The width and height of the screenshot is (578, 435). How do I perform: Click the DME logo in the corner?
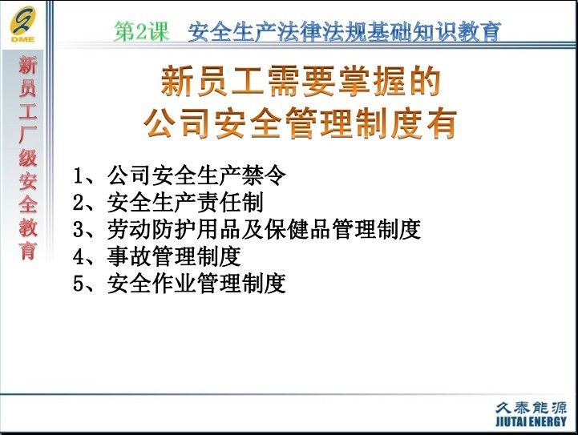point(23,24)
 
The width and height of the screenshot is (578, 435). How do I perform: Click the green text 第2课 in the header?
point(142,31)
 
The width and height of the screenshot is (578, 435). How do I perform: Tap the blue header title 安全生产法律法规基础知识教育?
point(344,32)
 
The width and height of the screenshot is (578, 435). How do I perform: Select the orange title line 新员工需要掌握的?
point(301,81)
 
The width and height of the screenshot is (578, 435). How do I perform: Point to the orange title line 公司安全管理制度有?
point(301,123)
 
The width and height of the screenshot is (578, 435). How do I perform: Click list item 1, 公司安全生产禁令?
point(180,175)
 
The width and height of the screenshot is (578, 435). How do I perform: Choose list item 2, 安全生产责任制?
point(168,202)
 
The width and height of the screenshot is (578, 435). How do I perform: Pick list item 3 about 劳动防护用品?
point(247,229)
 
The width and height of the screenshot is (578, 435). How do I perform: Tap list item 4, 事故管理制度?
point(157,256)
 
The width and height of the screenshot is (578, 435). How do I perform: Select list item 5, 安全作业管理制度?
point(180,284)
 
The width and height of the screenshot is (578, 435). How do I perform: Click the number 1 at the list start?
point(78,175)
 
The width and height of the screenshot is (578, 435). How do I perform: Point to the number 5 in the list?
point(79,284)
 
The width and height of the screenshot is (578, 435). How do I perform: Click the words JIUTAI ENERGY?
point(531,421)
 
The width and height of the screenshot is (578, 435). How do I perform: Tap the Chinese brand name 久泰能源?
point(531,407)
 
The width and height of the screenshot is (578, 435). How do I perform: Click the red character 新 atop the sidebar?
point(28,65)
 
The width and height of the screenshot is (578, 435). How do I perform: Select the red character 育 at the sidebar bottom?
point(28,251)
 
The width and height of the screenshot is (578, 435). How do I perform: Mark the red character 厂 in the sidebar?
point(28,135)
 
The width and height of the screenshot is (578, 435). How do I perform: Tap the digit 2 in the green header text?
point(142,32)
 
